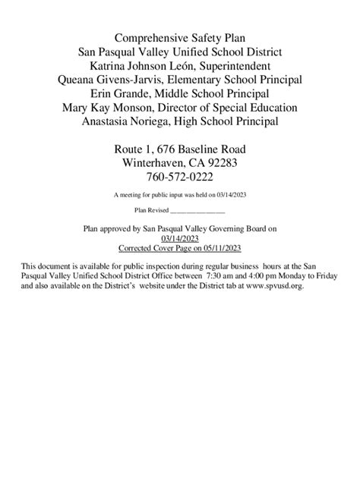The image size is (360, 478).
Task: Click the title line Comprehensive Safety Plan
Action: pyautogui.click(x=180, y=37)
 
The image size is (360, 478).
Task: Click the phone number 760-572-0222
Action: pyautogui.click(x=180, y=177)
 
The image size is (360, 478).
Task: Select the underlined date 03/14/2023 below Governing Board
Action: pyautogui.click(x=180, y=237)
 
